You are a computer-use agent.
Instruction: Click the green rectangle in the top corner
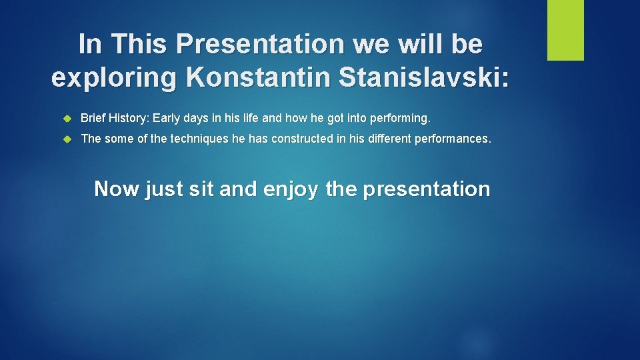[x=565, y=30]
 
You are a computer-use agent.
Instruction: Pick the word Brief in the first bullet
[x=93, y=118]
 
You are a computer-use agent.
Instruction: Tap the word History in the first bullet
[x=128, y=118]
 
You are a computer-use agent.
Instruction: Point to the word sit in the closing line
[x=201, y=189]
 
